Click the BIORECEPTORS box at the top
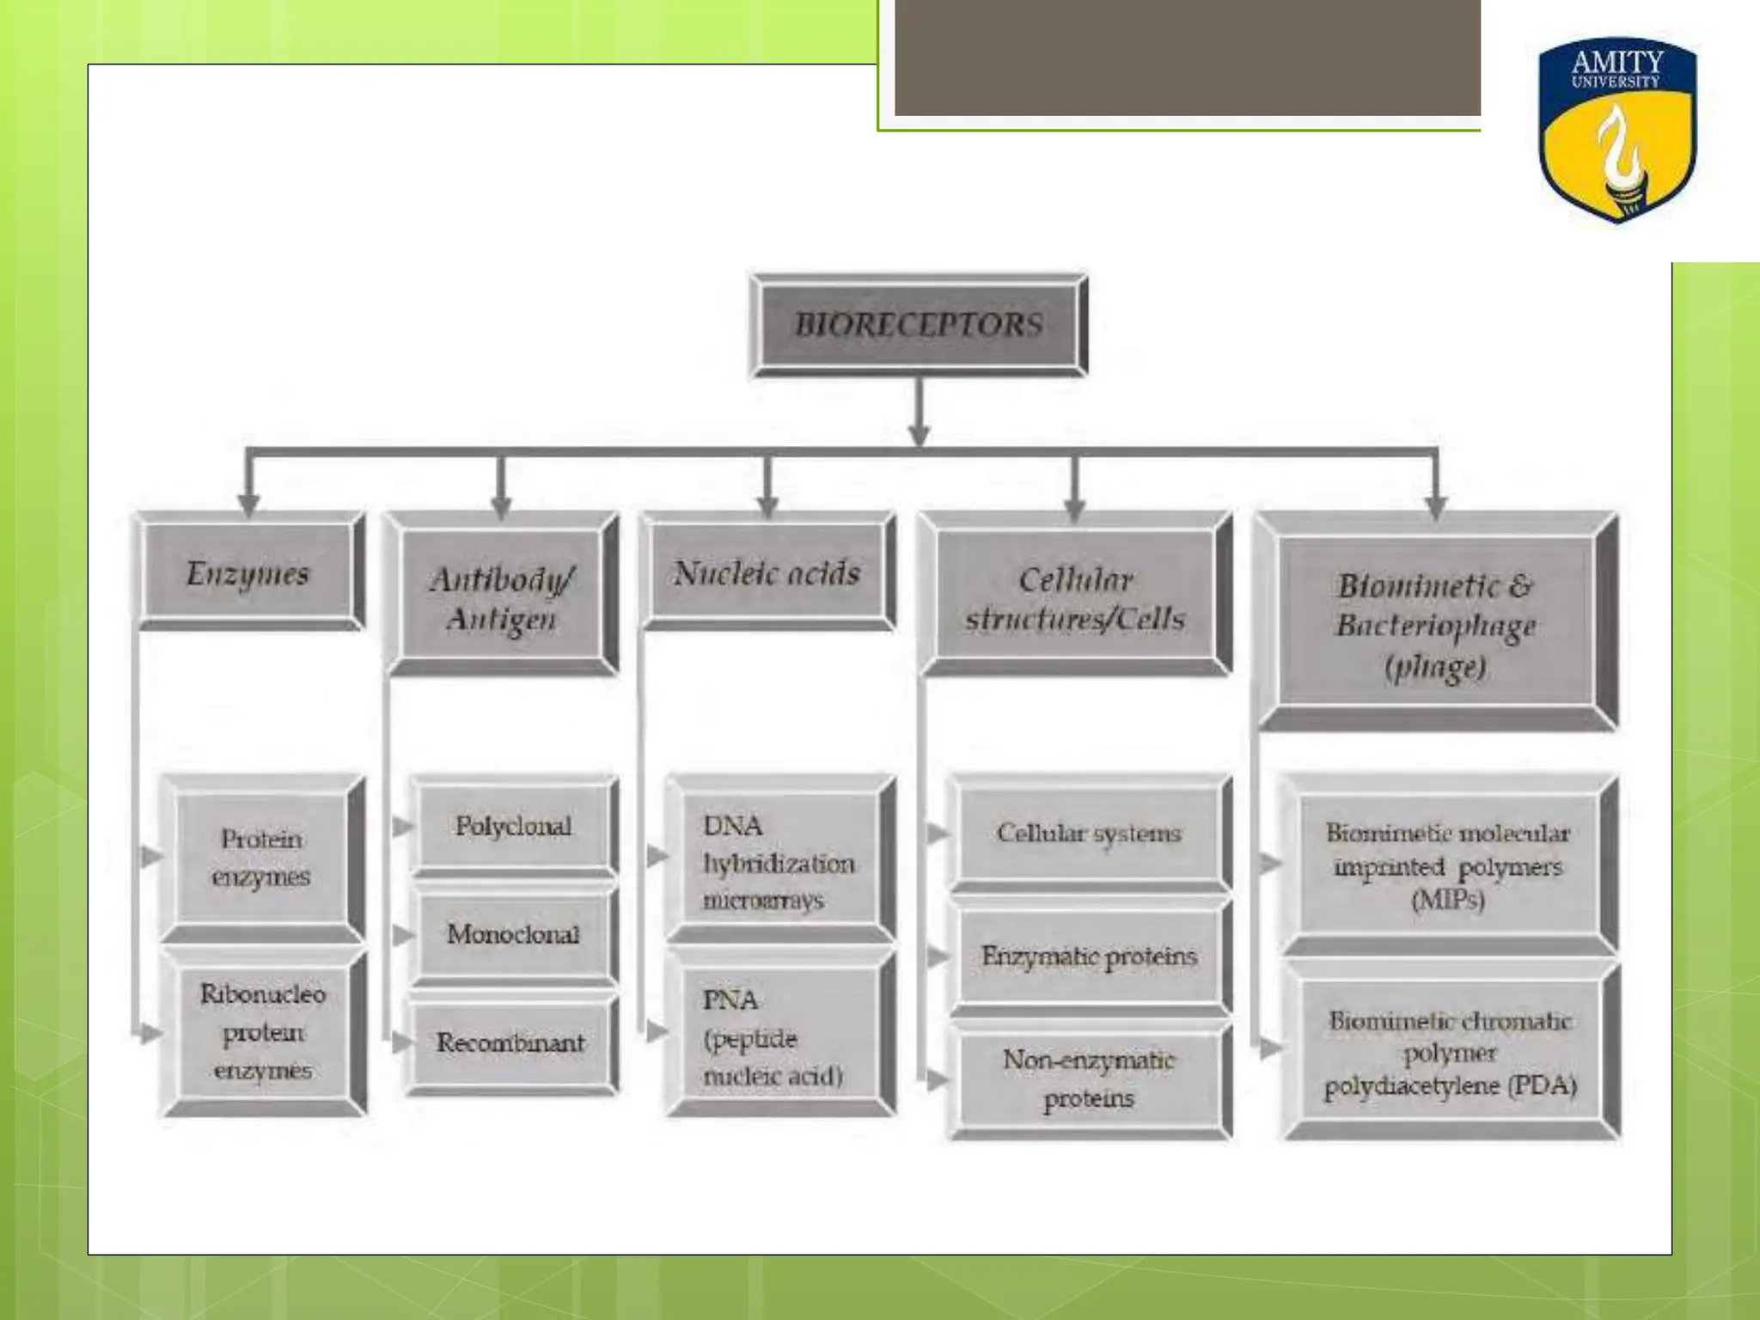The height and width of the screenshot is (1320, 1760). pos(919,325)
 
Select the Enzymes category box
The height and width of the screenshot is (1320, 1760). pos(249,573)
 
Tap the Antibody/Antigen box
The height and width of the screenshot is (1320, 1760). pos(501,597)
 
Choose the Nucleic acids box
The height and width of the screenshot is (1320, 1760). pos(767,573)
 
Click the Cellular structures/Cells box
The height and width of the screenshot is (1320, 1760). pos(1075,598)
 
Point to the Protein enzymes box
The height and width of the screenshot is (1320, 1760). pos(262,858)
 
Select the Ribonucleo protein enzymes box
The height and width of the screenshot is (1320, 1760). pos(263,1031)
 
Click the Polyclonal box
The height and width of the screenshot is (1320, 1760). pos(514,826)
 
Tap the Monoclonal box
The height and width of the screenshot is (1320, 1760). pos(513,934)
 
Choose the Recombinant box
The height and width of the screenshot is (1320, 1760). pos(511,1042)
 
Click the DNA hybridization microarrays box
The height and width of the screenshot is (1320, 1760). pos(779,862)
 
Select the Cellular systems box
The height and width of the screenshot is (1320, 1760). pos(1089,833)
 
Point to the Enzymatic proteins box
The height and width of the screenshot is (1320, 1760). pos(1089,956)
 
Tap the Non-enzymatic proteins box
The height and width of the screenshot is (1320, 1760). pos(1089,1079)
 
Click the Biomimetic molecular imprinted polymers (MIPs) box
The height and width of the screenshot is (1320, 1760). pos(1448,865)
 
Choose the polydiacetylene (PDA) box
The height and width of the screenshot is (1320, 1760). pos(1450,1053)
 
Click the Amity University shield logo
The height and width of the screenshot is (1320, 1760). pos(1616,130)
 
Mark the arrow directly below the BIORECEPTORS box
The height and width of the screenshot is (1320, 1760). pos(919,412)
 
